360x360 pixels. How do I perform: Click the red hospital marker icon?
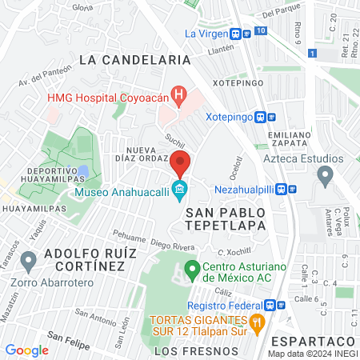point(179,98)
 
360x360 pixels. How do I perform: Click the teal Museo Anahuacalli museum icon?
point(180,191)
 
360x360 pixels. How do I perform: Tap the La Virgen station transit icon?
point(237,34)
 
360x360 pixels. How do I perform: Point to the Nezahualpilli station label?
point(250,190)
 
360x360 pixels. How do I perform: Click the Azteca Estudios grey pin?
point(325,174)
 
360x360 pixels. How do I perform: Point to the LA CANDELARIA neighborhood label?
point(135,59)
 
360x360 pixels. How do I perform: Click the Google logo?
point(27,350)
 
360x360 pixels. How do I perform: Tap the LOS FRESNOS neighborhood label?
point(196,351)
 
